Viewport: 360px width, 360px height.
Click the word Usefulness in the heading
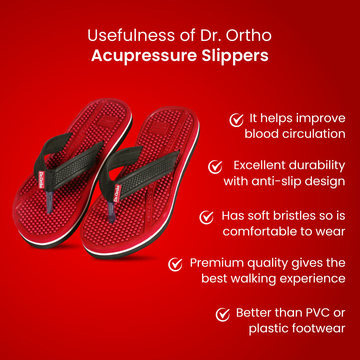pos(131,35)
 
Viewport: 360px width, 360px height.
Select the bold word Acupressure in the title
pos(144,56)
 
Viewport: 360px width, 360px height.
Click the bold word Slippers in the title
pos(235,56)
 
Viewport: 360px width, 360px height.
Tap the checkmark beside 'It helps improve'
pos(236,120)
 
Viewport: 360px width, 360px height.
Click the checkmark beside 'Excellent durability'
pos(215,167)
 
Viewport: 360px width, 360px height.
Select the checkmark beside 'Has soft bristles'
pos(206,217)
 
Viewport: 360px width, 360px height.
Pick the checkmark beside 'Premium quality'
pos(175,264)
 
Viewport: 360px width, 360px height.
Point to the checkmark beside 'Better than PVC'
pos(223,314)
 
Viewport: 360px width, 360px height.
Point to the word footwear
pos(322,328)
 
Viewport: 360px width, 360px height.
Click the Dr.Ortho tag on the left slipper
pos(41,179)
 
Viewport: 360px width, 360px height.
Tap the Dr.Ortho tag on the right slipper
pos(117,193)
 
